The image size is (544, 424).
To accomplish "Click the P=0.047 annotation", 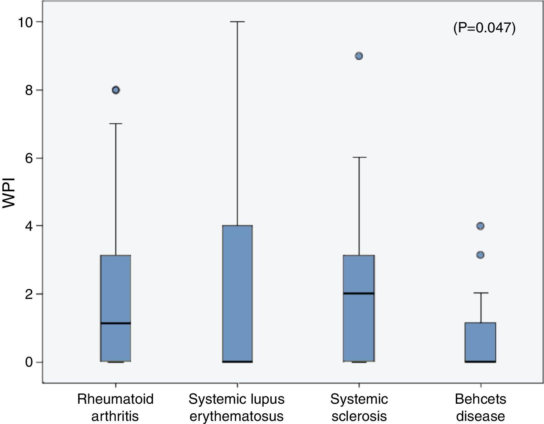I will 484,28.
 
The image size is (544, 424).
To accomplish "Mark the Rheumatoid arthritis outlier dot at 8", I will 116,90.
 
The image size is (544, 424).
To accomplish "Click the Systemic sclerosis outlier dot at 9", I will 359,56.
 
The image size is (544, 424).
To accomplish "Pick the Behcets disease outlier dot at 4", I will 481,226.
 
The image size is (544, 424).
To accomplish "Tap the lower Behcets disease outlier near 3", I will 481,255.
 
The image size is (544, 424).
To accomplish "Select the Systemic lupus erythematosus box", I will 238,293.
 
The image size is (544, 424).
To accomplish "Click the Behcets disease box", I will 481,342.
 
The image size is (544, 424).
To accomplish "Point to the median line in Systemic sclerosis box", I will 359,293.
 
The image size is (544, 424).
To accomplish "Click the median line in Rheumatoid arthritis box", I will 116,323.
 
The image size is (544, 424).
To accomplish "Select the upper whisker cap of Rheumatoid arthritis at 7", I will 116,124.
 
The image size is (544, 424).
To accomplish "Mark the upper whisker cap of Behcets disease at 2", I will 481,293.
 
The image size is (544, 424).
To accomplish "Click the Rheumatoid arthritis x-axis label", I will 115,408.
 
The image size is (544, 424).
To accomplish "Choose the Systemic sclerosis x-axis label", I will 359,408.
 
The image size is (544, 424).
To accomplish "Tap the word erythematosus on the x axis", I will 236,416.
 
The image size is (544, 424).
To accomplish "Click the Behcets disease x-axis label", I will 481,408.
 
